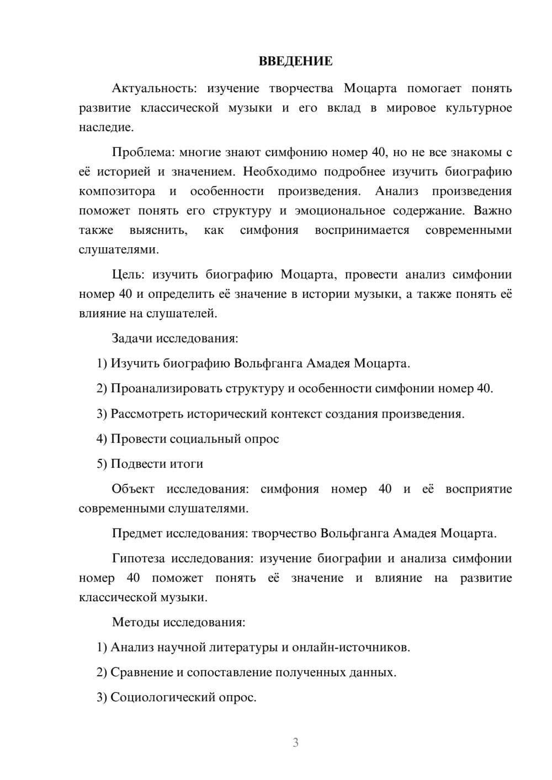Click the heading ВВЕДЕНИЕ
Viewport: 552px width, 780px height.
295,61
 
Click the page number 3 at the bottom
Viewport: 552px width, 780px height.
295,742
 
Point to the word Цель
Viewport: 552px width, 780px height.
128,275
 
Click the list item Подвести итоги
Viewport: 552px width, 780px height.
157,464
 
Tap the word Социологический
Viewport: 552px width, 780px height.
163,697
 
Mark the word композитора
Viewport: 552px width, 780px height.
117,191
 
